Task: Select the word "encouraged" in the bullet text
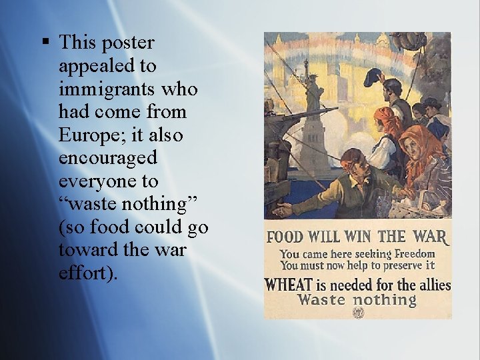pyautogui.click(x=108, y=158)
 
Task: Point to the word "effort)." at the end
pyautogui.click(x=88, y=273)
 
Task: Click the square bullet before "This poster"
pyautogui.click(x=46, y=43)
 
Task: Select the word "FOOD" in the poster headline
pyautogui.click(x=285, y=237)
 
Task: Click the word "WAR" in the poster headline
pyautogui.click(x=430, y=236)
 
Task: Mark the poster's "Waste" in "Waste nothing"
pyautogui.click(x=322, y=299)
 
